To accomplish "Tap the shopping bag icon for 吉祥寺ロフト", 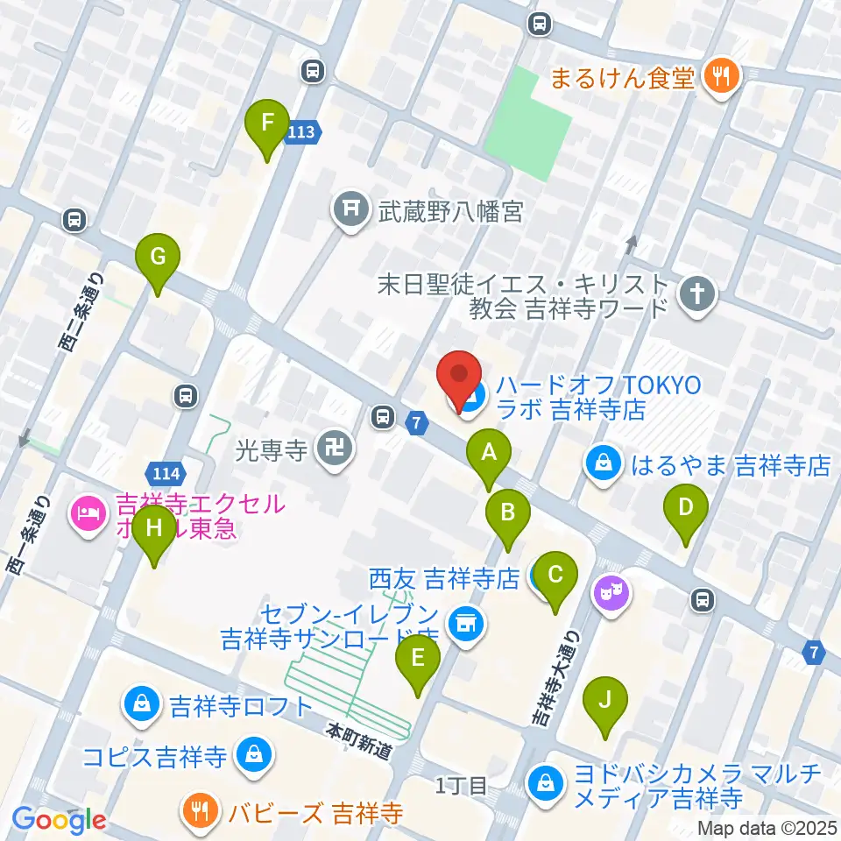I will tap(142, 704).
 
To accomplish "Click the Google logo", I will tap(60, 820).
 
